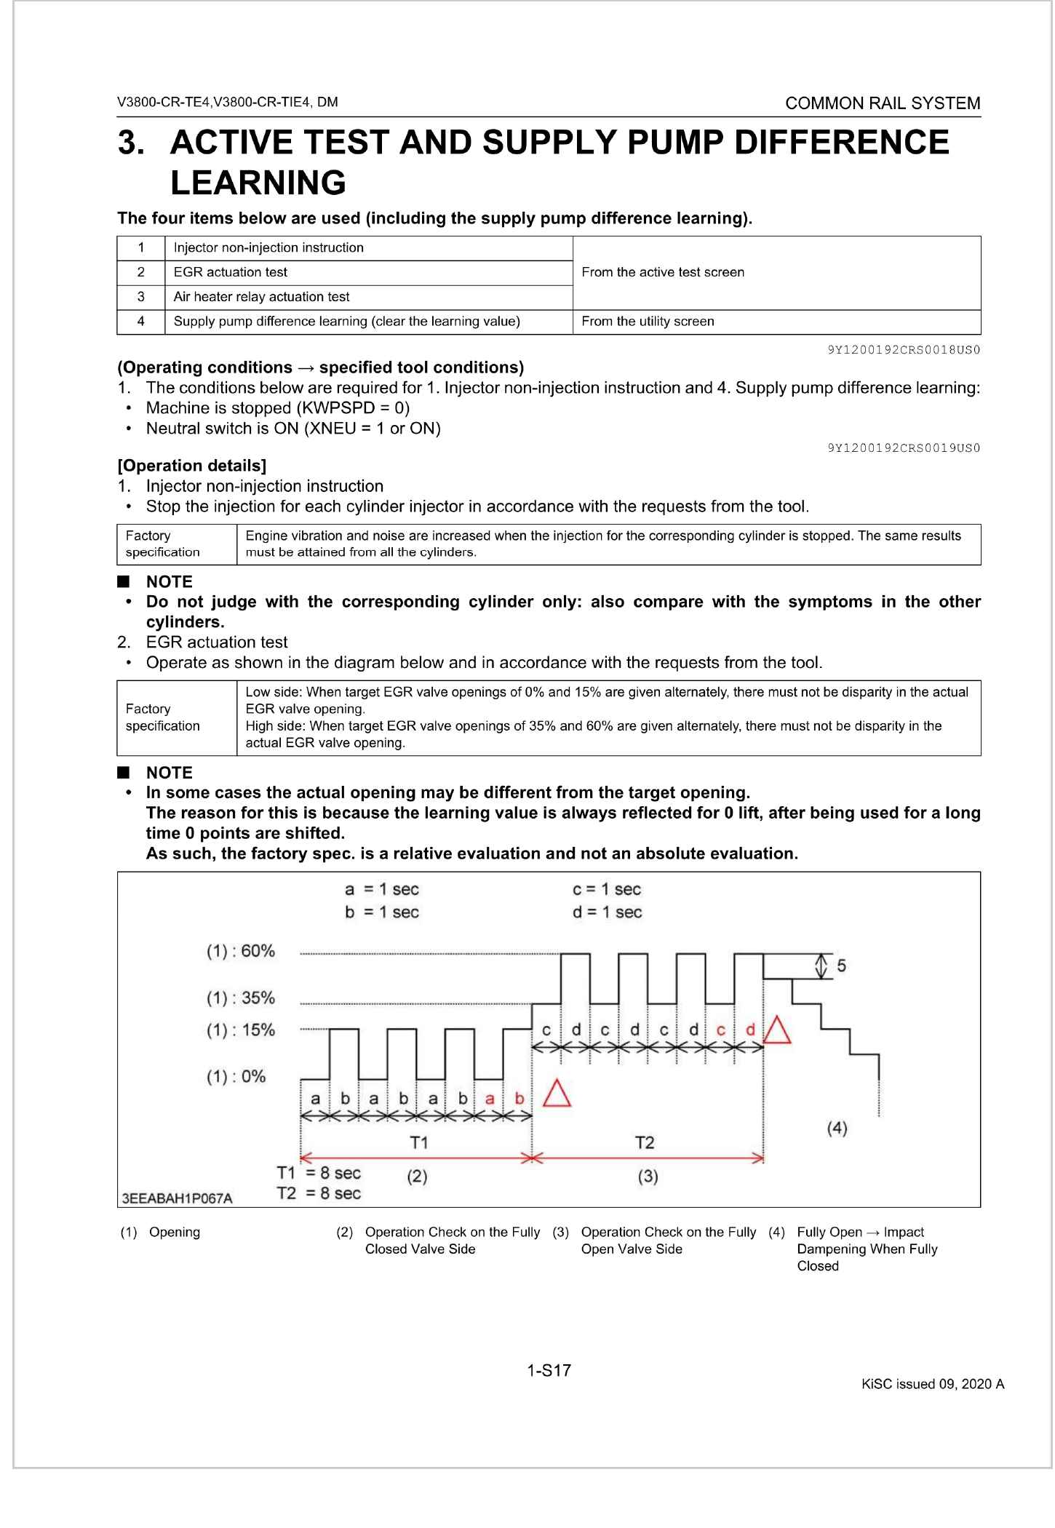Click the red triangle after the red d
[777, 1031]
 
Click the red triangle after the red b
[557, 1094]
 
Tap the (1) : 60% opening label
[241, 951]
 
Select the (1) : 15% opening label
[241, 1030]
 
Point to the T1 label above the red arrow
[418, 1142]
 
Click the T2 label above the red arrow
[645, 1142]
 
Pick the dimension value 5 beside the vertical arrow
[841, 966]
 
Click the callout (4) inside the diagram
[837, 1129]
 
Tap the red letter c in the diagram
[720, 1030]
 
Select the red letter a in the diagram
[490, 1099]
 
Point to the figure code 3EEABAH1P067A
[178, 1198]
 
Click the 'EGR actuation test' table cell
[231, 272]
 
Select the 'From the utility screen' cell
[648, 322]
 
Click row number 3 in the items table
[141, 297]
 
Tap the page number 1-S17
[549, 1371]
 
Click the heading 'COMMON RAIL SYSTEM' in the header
[883, 103]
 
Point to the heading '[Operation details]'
[191, 466]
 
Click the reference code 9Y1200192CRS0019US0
[904, 448]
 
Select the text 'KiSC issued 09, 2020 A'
[933, 1384]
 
